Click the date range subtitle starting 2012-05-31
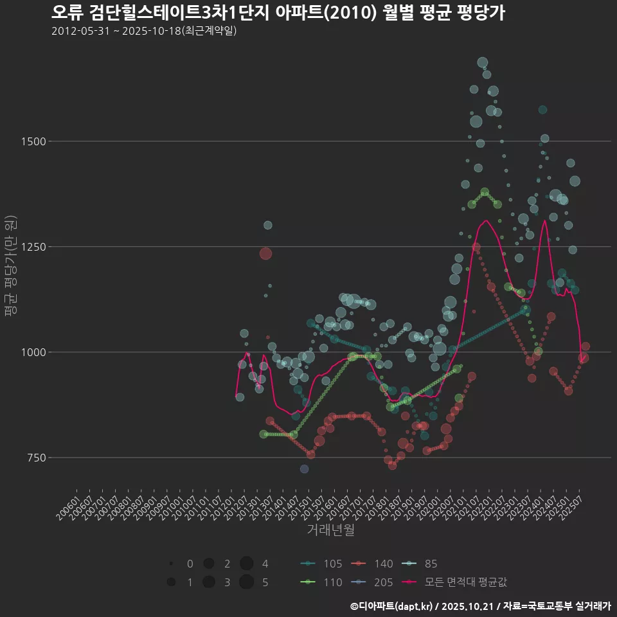click(x=144, y=31)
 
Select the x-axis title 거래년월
click(x=330, y=530)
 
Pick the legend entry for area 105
click(x=321, y=564)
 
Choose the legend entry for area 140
click(x=373, y=564)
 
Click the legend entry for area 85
click(x=420, y=564)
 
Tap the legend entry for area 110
click(x=321, y=582)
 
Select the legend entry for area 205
click(x=373, y=582)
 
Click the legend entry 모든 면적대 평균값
click(x=454, y=582)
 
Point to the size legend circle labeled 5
click(x=246, y=582)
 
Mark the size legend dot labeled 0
click(x=171, y=564)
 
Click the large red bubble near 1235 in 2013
click(x=265, y=253)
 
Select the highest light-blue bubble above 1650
click(x=483, y=62)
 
